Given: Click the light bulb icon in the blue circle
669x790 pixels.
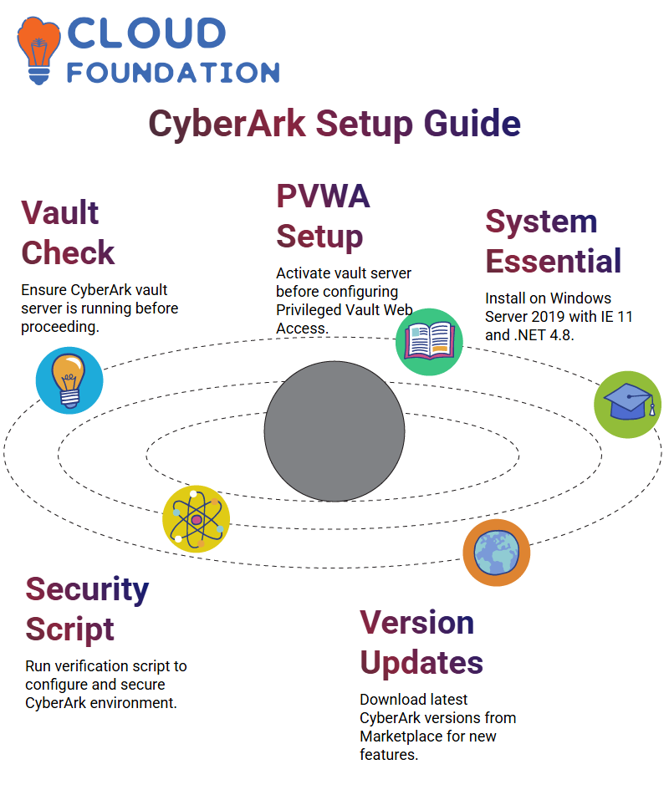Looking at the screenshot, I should [69, 380].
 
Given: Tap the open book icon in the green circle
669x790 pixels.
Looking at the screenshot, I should [429, 341].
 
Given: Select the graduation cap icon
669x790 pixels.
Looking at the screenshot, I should [627, 404].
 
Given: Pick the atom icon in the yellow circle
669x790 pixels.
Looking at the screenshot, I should [196, 519].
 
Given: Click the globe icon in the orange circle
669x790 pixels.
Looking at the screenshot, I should [496, 552].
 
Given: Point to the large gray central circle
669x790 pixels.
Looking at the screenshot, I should [334, 431].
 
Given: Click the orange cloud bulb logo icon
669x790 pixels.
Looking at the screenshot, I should [38, 50].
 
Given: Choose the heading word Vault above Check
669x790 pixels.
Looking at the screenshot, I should [59, 212].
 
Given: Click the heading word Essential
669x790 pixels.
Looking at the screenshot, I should [554, 261].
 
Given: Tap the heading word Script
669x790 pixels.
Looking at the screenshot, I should [70, 629].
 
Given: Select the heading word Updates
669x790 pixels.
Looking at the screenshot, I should [421, 662].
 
